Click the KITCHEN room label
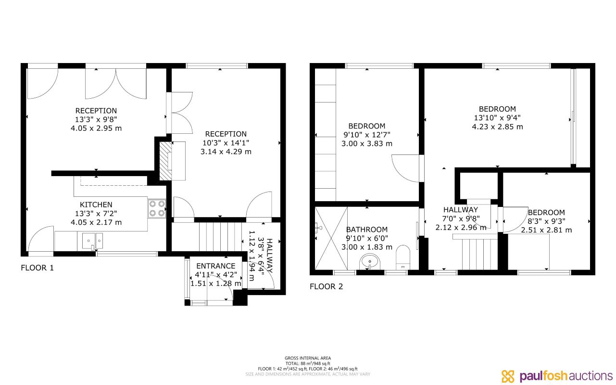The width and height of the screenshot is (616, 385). (x=96, y=205)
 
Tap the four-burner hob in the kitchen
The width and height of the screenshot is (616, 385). (x=157, y=208)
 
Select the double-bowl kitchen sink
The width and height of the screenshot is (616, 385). (x=92, y=240)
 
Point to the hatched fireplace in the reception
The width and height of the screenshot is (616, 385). (x=165, y=161)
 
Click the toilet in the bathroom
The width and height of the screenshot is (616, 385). (x=402, y=258)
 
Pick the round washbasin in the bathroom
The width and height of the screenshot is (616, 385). (x=369, y=262)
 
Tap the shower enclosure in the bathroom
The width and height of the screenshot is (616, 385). (x=331, y=238)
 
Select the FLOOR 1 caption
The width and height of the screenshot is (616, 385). (x=38, y=268)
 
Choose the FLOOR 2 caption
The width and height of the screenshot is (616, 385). (x=326, y=287)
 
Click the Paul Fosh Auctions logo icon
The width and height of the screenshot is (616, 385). (x=508, y=376)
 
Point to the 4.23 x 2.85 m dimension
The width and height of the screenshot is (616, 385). (x=497, y=127)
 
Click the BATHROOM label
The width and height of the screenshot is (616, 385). (x=366, y=230)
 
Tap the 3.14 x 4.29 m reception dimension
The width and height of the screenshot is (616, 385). (x=226, y=152)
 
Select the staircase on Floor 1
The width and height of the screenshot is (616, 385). (x=219, y=236)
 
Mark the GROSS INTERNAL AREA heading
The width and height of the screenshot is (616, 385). (x=308, y=358)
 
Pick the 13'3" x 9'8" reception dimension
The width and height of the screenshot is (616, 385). (x=96, y=119)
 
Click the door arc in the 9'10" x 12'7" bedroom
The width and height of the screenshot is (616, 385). (x=406, y=168)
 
